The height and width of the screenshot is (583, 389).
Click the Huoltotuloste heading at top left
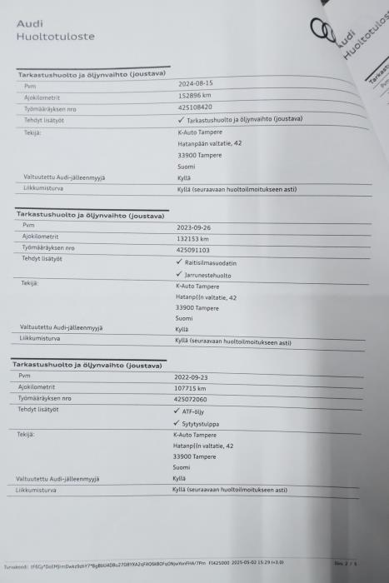[55, 37]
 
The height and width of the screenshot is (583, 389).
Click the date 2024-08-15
[196, 83]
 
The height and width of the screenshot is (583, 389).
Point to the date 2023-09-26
[193, 227]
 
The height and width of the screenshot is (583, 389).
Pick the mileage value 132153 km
[193, 238]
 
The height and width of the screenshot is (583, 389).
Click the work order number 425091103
[193, 250]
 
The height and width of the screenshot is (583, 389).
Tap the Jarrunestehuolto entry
[208, 274]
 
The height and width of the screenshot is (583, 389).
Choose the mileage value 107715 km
[190, 388]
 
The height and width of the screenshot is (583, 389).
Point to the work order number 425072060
[191, 400]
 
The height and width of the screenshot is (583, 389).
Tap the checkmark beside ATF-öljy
[177, 411]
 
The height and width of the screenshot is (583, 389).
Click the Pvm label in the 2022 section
[24, 376]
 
